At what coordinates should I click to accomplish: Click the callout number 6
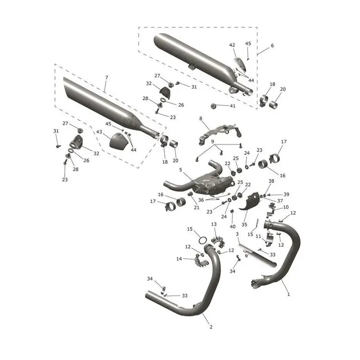(x=272, y=45)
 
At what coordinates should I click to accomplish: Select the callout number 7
(x=107, y=77)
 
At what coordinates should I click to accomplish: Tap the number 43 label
(x=99, y=132)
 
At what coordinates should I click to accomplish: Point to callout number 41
(x=233, y=106)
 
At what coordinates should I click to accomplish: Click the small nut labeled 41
(x=213, y=106)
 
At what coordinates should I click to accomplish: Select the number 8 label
(x=201, y=118)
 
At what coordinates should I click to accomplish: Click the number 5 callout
(x=180, y=170)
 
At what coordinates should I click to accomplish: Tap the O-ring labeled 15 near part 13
(x=203, y=240)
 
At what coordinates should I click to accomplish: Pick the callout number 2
(x=211, y=327)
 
